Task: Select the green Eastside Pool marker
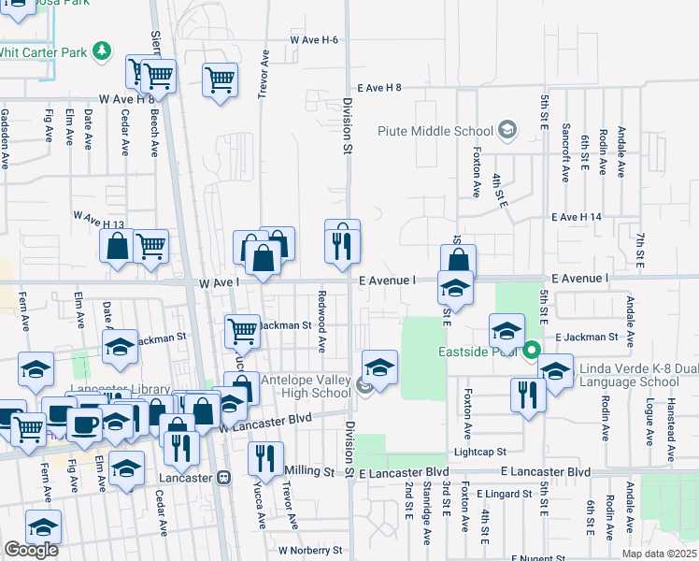532,352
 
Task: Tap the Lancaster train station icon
222,477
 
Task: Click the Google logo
31,550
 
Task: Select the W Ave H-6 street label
313,40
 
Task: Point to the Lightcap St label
507,451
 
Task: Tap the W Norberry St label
310,551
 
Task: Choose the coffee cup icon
84,424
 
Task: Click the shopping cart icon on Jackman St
243,329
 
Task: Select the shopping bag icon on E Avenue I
458,260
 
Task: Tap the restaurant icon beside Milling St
265,458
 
